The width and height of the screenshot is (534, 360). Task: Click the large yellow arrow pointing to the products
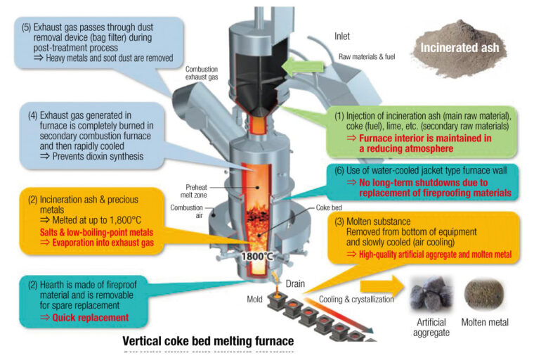[x=380, y=285]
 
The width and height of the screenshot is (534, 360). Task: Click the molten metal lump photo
[x=486, y=292]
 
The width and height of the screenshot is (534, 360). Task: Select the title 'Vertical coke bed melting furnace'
[x=208, y=341]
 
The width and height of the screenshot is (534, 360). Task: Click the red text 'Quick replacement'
[x=91, y=317]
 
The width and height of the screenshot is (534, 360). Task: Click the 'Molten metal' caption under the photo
[x=486, y=323]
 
